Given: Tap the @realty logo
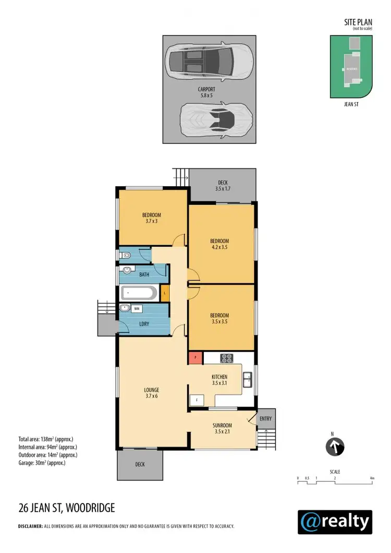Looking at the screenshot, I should [335, 521].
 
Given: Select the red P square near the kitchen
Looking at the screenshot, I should [195, 357].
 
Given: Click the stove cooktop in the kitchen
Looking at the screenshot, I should [226, 358].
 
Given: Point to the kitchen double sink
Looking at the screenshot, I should [248, 379].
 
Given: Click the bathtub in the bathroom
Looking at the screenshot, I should [138, 293].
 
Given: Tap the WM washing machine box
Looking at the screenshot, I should [137, 308].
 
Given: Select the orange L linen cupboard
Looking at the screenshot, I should [165, 293].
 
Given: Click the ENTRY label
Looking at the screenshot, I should [265, 419].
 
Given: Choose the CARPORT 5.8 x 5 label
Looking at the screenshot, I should [210, 92].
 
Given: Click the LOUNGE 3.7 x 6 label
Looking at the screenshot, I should [152, 393].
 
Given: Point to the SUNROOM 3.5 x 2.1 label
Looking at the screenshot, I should [222, 428].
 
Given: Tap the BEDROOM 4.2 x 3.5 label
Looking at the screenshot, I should [219, 244].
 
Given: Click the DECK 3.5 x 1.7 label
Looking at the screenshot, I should [222, 185].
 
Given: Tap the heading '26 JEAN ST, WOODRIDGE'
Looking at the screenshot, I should [66, 507].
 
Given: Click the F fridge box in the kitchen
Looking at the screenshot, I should [197, 401].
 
